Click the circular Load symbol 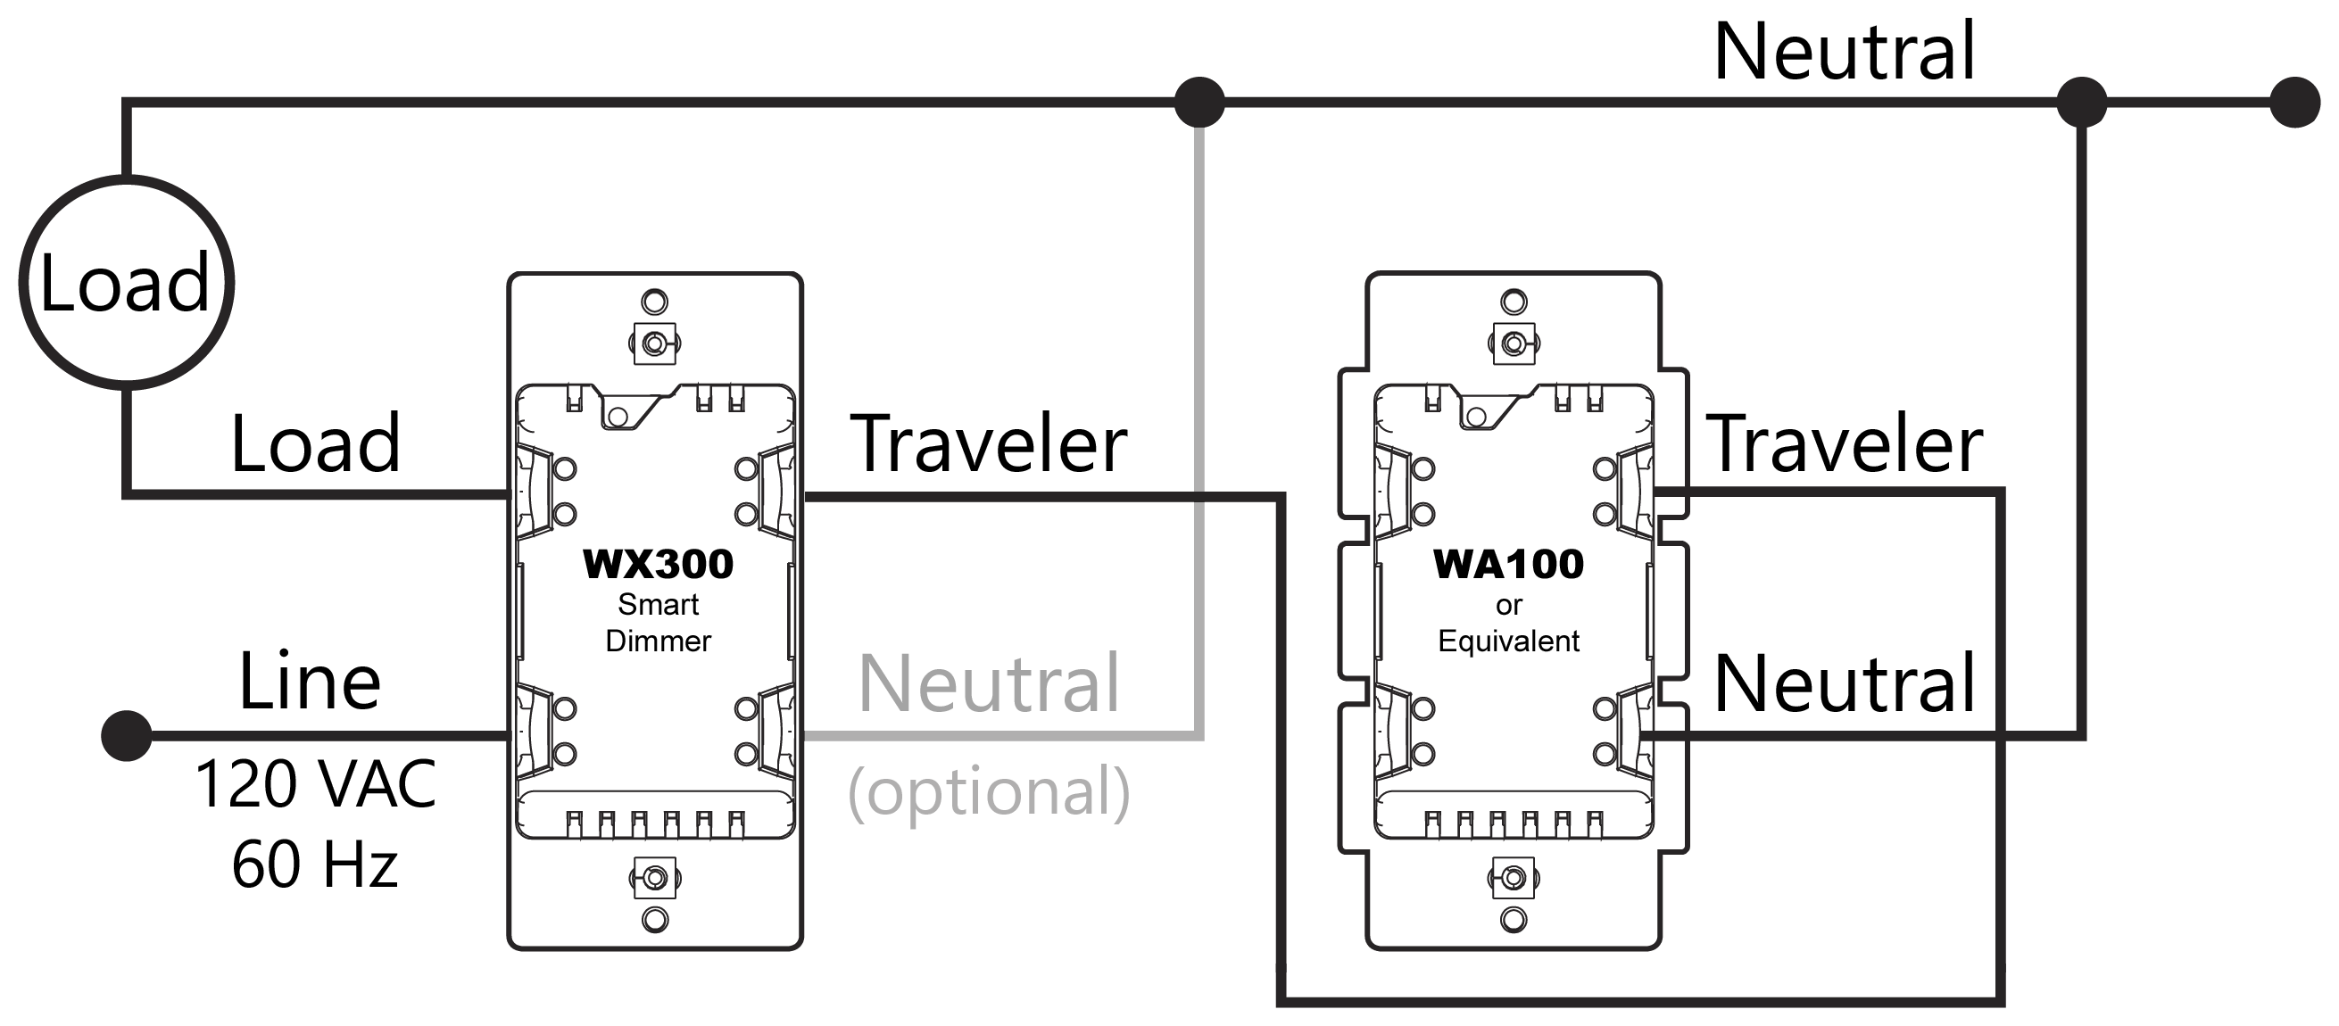pos(126,284)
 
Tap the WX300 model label pos(658,565)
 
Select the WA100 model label pos(1508,565)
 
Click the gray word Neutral pos(988,683)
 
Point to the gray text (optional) pos(988,791)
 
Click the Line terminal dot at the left pos(126,735)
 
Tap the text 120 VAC pos(315,783)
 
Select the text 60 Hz pos(315,865)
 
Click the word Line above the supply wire pos(310,682)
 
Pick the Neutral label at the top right pos(1843,52)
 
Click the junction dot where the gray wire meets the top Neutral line pos(1199,102)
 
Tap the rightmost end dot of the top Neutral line pos(2294,102)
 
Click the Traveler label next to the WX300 pos(988,444)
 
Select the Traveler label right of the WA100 pos(1844,444)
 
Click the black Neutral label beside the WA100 pos(1844,683)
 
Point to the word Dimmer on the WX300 pos(659,641)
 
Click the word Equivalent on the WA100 pos(1508,641)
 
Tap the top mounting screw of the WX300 pos(655,343)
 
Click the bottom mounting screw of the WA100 pos(1513,879)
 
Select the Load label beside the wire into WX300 pos(315,444)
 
